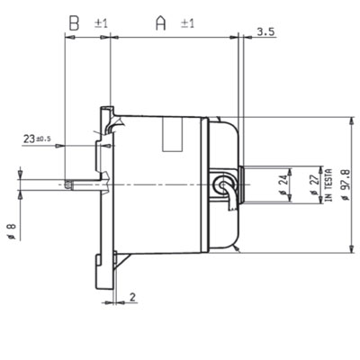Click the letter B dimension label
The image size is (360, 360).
tap(74, 23)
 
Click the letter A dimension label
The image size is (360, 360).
tap(161, 23)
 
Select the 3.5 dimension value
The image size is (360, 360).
tap(265, 32)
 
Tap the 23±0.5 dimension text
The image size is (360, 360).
tap(37, 139)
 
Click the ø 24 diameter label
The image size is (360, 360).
tap(283, 184)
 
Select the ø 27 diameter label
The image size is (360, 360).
tap(314, 184)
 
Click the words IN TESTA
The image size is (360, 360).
tap(328, 184)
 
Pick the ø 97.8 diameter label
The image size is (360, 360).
tap(346, 184)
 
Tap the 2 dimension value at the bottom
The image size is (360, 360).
tap(132, 297)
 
